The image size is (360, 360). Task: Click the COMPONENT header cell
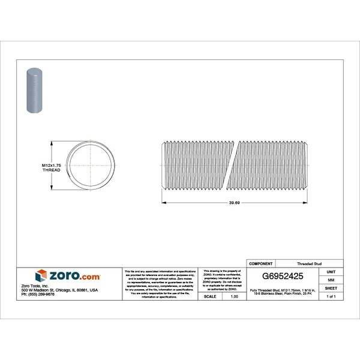click(x=260, y=263)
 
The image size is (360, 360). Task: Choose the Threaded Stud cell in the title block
click(x=309, y=263)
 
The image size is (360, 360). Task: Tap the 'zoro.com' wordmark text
click(x=75, y=277)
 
